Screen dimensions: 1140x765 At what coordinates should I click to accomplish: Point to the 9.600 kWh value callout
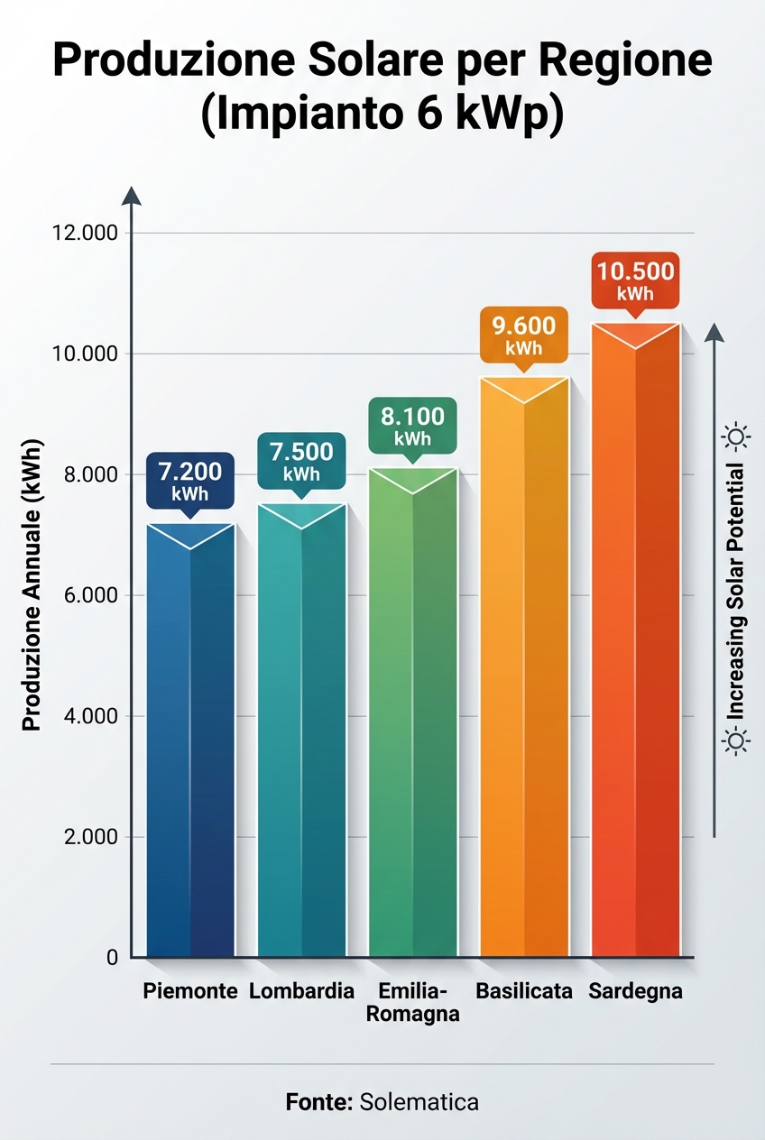click(523, 334)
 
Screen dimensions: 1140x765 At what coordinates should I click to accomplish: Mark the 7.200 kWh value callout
click(189, 480)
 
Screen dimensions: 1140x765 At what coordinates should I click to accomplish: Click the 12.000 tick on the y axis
click(87, 234)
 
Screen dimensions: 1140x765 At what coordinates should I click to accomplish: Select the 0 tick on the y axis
click(112, 958)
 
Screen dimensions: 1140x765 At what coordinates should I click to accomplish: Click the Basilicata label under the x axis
click(524, 991)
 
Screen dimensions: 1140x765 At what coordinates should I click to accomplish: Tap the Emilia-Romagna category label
click(413, 1002)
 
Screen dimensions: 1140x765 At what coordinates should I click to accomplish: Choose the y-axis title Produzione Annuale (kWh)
click(32, 586)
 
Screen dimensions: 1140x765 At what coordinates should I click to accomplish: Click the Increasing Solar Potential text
click(737, 591)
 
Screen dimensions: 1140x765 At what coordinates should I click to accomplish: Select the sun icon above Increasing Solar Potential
click(737, 438)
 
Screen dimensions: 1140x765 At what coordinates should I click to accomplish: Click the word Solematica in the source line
click(419, 1101)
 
